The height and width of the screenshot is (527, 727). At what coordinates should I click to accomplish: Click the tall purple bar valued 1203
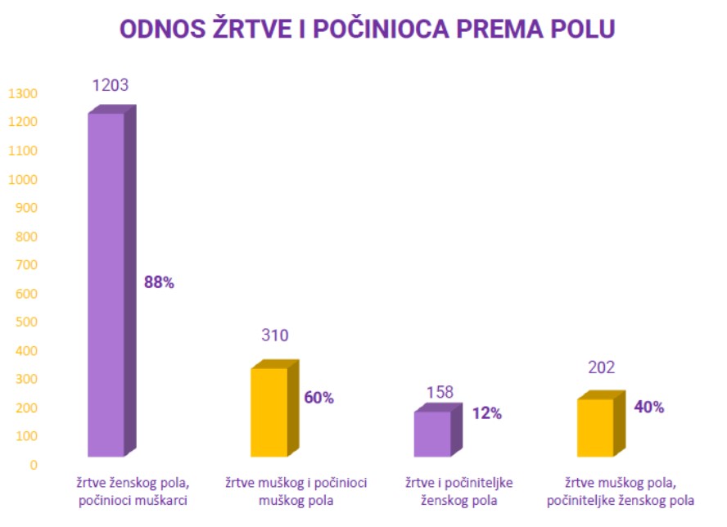click(106, 282)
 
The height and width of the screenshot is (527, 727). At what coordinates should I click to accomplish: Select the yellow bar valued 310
click(269, 412)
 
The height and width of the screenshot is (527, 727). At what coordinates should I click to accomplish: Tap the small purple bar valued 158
click(431, 433)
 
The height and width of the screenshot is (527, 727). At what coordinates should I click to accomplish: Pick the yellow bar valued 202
click(595, 427)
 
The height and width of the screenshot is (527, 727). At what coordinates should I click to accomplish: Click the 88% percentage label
click(159, 282)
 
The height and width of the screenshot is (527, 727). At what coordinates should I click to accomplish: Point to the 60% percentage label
click(319, 398)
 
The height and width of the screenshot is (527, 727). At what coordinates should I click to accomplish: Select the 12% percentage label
click(486, 413)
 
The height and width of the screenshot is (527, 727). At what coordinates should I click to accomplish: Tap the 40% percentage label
click(648, 407)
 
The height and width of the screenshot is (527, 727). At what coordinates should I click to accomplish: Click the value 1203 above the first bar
click(111, 85)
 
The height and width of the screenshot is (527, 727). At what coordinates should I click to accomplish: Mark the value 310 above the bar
click(275, 336)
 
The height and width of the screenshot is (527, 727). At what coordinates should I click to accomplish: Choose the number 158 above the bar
click(439, 393)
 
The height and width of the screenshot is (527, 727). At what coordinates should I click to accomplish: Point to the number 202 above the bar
click(601, 367)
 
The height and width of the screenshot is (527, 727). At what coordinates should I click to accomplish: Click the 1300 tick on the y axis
click(23, 94)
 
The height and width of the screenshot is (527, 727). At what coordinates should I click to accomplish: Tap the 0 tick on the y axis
click(33, 466)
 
